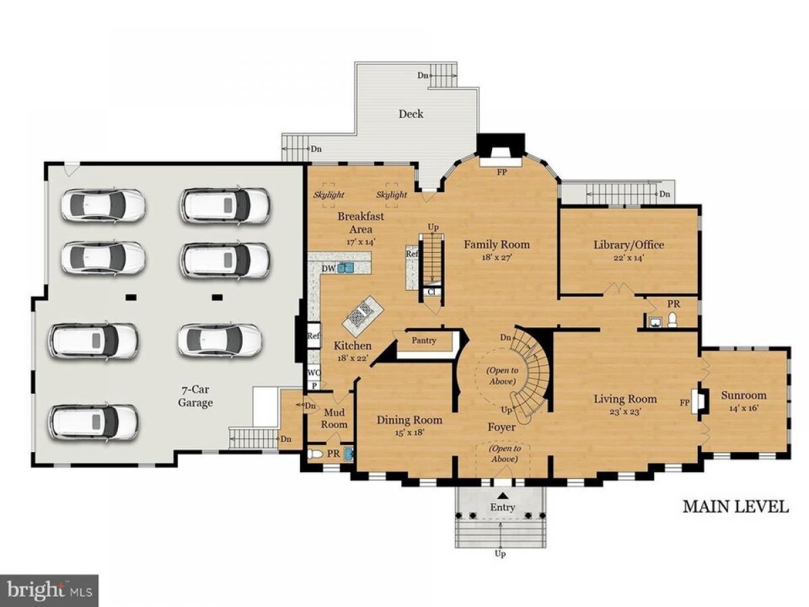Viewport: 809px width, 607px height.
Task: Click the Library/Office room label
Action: pyautogui.click(x=628, y=245)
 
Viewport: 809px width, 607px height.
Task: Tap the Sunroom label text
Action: pyautogui.click(x=744, y=395)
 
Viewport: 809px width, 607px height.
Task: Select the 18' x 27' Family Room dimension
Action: pyautogui.click(x=496, y=257)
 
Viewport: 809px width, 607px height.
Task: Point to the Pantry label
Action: pyautogui.click(x=423, y=340)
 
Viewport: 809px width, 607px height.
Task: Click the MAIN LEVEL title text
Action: pyautogui.click(x=736, y=507)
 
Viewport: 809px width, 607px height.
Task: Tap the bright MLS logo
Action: pyautogui.click(x=49, y=591)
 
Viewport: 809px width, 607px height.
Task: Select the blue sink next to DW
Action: pyautogui.click(x=346, y=267)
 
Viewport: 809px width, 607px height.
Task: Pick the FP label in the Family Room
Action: pyautogui.click(x=502, y=172)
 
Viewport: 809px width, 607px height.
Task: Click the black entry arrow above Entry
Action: pyautogui.click(x=502, y=495)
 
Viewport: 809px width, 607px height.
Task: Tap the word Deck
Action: pyautogui.click(x=411, y=114)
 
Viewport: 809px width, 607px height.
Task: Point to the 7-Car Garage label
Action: pyautogui.click(x=196, y=396)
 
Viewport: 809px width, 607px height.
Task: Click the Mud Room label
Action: pyautogui.click(x=334, y=418)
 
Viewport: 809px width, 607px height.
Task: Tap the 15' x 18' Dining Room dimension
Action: pyautogui.click(x=409, y=432)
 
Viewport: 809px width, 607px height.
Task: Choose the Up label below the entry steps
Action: pyautogui.click(x=500, y=564)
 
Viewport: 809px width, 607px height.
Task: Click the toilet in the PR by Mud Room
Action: pyautogui.click(x=313, y=453)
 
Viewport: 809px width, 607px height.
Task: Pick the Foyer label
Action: pyautogui.click(x=502, y=427)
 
